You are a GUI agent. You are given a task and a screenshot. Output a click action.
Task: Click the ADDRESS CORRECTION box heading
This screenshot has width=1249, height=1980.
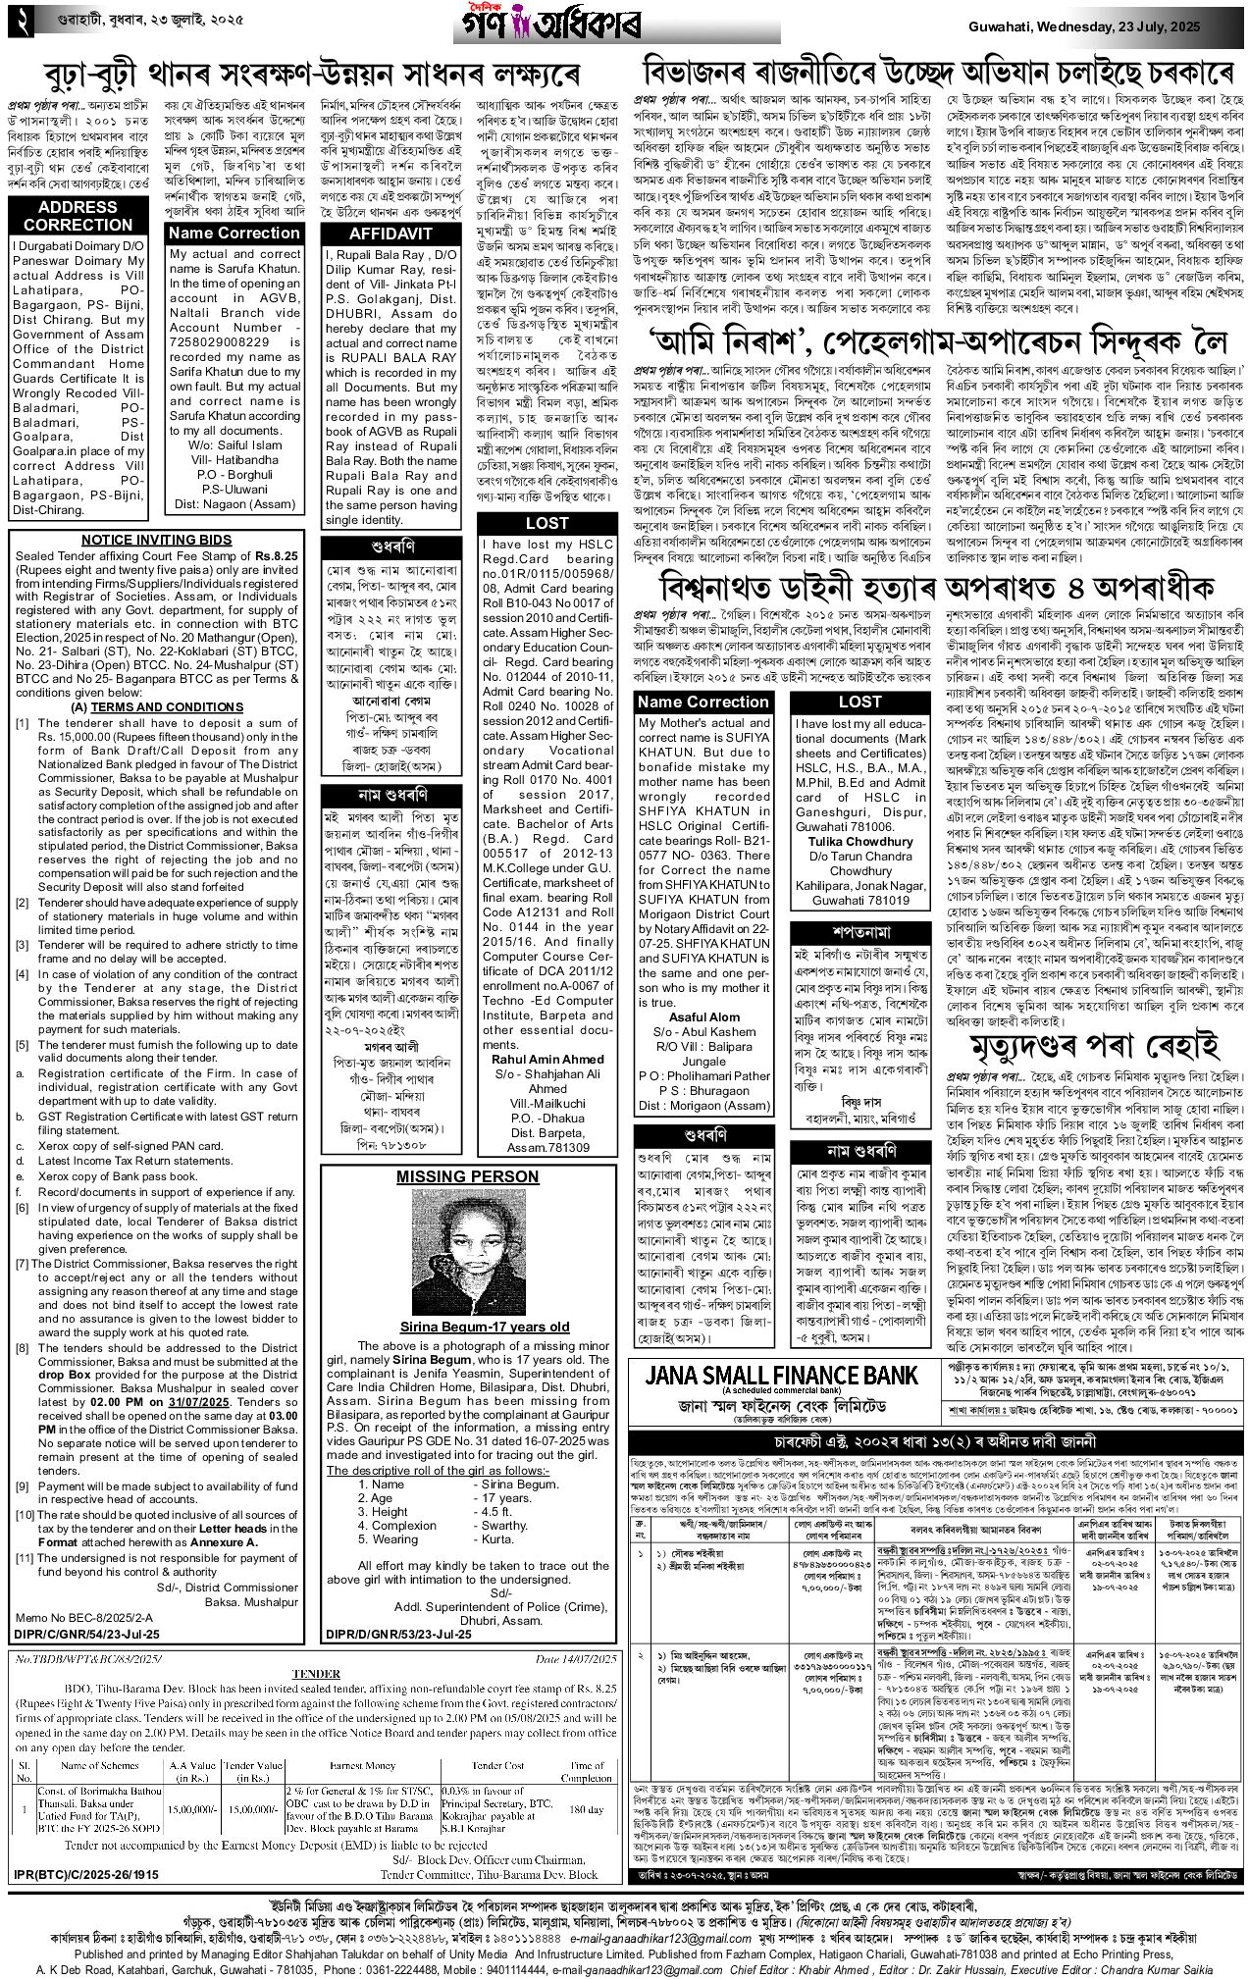point(78,215)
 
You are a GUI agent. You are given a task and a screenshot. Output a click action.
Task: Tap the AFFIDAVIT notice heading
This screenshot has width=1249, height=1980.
point(391,234)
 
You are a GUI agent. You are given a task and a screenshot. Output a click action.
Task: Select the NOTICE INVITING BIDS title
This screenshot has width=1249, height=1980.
point(157,540)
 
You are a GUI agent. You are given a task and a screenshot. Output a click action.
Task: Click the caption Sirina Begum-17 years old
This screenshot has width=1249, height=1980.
point(470,1327)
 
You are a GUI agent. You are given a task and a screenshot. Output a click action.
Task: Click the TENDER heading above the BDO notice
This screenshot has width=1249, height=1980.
point(316,1674)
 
